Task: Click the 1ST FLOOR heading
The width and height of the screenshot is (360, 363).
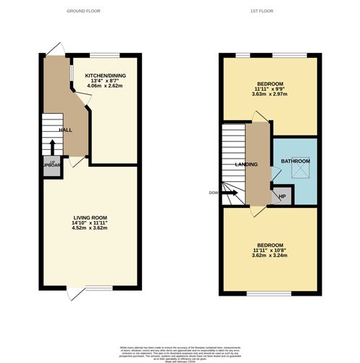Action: pyautogui.click(x=261, y=12)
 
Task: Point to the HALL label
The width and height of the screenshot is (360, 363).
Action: pyautogui.click(x=65, y=130)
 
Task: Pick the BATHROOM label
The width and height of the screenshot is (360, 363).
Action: pyautogui.click(x=296, y=161)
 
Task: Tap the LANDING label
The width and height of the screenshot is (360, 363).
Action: pyautogui.click(x=246, y=164)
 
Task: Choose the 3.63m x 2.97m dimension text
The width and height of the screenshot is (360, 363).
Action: pyautogui.click(x=269, y=93)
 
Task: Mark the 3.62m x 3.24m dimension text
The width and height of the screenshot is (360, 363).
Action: pyautogui.click(x=269, y=255)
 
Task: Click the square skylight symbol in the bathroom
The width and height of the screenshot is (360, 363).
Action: pyautogui.click(x=298, y=171)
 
